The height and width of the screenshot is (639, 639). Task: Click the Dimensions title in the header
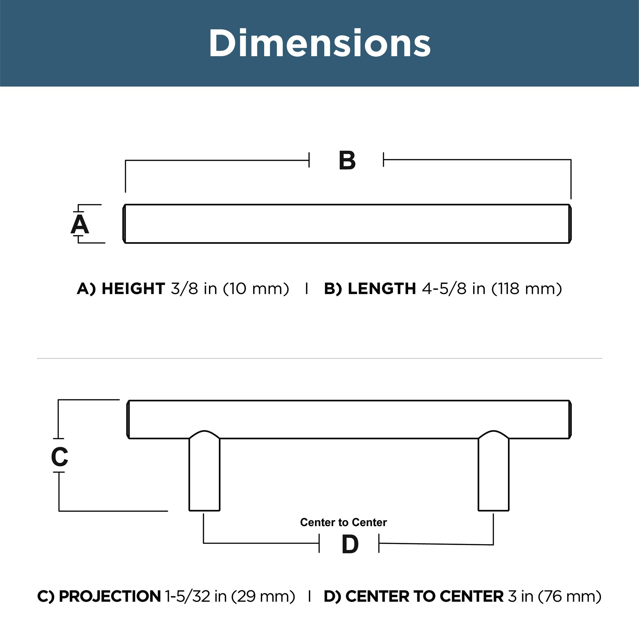[319, 43]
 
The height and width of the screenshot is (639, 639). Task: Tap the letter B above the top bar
[347, 161]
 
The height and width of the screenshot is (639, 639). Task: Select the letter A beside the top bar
[80, 224]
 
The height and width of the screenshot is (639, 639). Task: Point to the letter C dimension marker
[60, 457]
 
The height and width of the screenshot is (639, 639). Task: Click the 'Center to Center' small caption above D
[343, 522]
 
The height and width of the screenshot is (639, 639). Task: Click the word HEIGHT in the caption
[133, 289]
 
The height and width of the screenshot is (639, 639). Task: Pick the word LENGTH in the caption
[382, 289]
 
